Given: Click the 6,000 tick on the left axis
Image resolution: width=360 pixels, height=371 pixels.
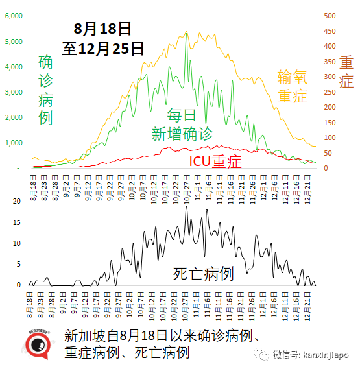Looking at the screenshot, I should coord(14,16).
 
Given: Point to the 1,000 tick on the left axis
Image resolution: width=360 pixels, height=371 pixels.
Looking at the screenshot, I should coord(14,143).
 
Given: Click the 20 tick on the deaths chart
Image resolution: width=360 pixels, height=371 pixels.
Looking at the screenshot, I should coord(18,201).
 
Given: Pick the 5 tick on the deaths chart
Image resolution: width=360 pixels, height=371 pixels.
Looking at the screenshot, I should coord(20,264).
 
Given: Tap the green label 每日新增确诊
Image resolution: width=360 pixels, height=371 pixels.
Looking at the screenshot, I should coord(182,125).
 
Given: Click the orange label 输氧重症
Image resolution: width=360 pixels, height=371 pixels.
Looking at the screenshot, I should coord(292,86).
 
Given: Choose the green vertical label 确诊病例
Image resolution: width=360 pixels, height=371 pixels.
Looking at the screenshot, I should coord(46,90).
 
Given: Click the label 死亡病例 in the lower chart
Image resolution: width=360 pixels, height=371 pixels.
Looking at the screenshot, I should coord(203,274).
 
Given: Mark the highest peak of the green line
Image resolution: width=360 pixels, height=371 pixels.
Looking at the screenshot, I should coord(187,32).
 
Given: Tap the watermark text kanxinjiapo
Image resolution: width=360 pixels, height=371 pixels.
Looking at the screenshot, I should coord(323,354).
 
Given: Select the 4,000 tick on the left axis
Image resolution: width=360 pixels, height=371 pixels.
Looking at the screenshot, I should coord(14,67).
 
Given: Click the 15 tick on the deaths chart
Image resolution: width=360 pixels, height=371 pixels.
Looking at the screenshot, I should coord(18,222).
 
